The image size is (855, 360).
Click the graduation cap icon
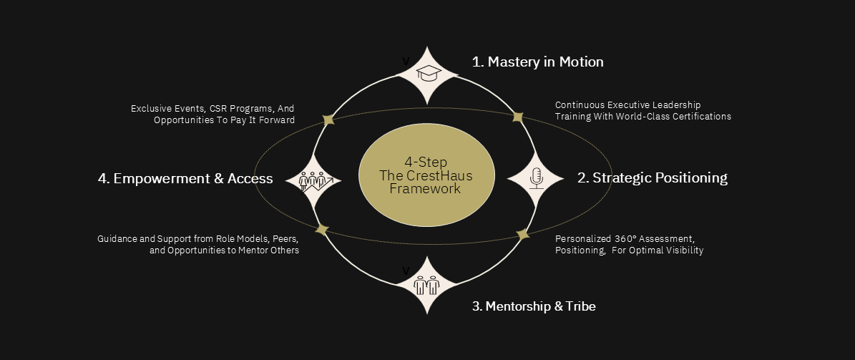[427, 74]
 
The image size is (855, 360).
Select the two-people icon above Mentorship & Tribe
[427, 285]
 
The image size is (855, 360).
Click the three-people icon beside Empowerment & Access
[313, 180]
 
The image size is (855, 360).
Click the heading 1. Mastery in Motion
[537, 62]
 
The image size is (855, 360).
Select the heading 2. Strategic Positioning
[652, 177]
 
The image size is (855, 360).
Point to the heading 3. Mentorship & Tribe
[534, 306]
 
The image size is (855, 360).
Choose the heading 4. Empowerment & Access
[185, 178]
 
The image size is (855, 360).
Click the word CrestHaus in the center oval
[439, 175]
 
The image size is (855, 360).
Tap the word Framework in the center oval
[426, 189]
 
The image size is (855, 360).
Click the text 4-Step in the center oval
[426, 162]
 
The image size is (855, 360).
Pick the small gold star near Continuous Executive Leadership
[518, 117]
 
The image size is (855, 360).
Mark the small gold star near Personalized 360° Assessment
[523, 234]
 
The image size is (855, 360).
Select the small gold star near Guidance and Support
[322, 230]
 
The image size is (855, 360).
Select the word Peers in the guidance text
[285, 238]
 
